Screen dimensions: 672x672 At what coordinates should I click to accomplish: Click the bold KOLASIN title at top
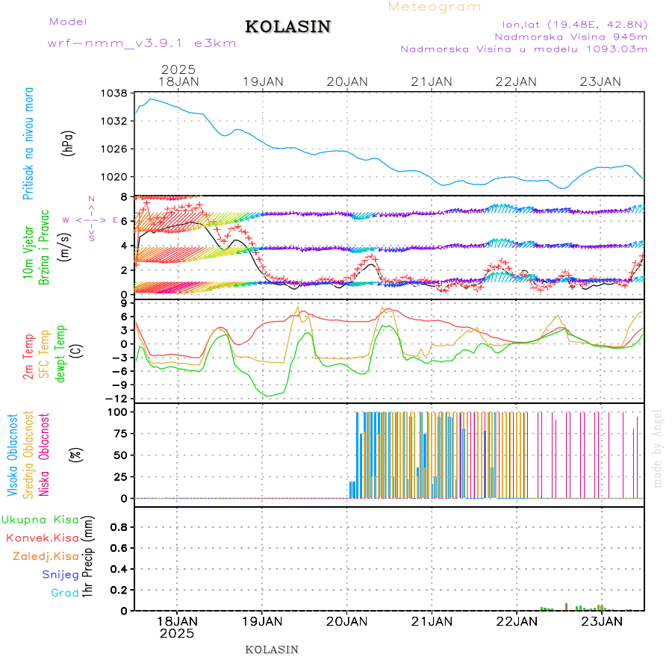click(287, 27)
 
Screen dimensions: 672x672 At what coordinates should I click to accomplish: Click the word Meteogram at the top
click(435, 7)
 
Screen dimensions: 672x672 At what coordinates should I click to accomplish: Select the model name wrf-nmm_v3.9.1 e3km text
click(142, 43)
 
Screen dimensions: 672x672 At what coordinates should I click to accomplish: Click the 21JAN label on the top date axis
click(432, 81)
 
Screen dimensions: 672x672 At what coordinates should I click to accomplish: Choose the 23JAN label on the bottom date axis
click(602, 621)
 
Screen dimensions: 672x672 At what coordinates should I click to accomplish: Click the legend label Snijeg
click(60, 575)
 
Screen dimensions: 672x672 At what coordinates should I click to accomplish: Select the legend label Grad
click(65, 594)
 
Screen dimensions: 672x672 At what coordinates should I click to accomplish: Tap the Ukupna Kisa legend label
click(40, 519)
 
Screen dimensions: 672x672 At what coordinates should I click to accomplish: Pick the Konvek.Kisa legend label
click(42, 538)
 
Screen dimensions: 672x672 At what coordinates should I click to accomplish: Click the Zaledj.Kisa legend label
click(46, 556)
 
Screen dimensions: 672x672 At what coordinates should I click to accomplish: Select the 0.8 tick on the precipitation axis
click(119, 526)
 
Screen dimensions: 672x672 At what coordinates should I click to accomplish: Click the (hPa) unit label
click(68, 142)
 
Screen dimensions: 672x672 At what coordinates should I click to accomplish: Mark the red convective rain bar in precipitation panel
click(567, 606)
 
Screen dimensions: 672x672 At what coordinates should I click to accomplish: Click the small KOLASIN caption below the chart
click(272, 650)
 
